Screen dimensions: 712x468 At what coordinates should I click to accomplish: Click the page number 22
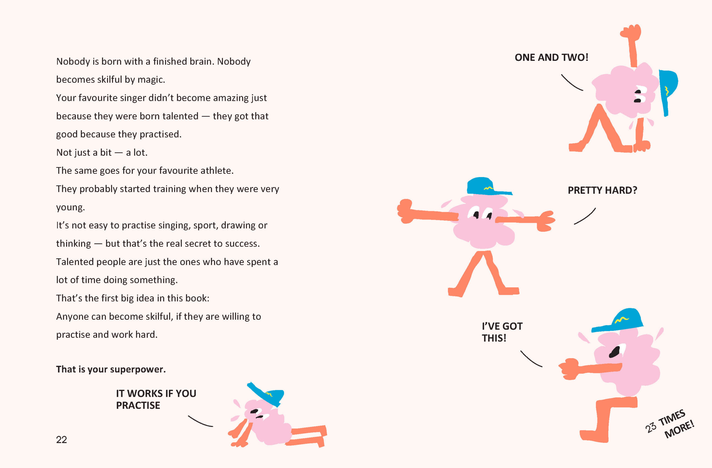(x=61, y=440)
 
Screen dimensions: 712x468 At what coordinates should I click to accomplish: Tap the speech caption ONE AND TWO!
(x=551, y=57)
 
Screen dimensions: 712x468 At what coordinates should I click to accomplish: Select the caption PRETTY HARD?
(x=602, y=190)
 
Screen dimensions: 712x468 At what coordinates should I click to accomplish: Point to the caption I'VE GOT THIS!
(x=502, y=332)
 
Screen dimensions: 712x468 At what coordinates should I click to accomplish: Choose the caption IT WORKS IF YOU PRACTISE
(x=156, y=399)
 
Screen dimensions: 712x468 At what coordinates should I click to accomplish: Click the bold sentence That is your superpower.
(x=111, y=369)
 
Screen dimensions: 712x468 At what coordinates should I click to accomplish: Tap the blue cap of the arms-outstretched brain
(x=489, y=186)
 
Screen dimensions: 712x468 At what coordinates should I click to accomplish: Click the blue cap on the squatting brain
(x=618, y=320)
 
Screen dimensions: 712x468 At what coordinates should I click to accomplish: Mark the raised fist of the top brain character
(x=630, y=32)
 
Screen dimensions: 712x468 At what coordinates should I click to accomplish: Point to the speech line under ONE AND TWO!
(x=572, y=83)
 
